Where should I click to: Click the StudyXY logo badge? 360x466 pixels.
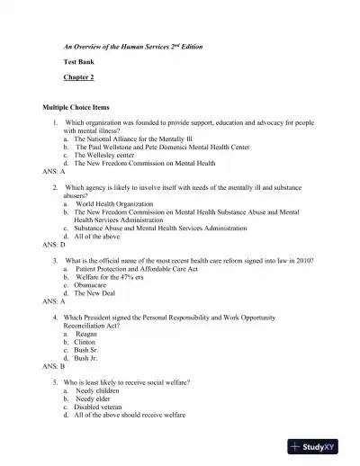[x=320, y=446]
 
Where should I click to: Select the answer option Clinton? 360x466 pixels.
[x=87, y=343]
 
